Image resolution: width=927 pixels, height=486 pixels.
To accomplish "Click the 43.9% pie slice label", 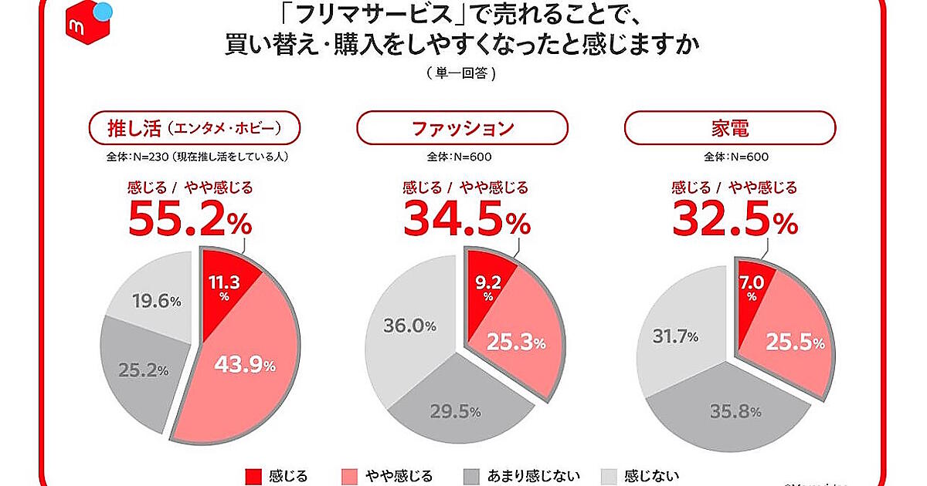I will tap(245, 366).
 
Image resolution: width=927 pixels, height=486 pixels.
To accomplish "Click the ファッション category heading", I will tap(462, 128).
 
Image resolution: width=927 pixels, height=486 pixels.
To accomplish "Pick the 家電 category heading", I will tap(729, 128).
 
